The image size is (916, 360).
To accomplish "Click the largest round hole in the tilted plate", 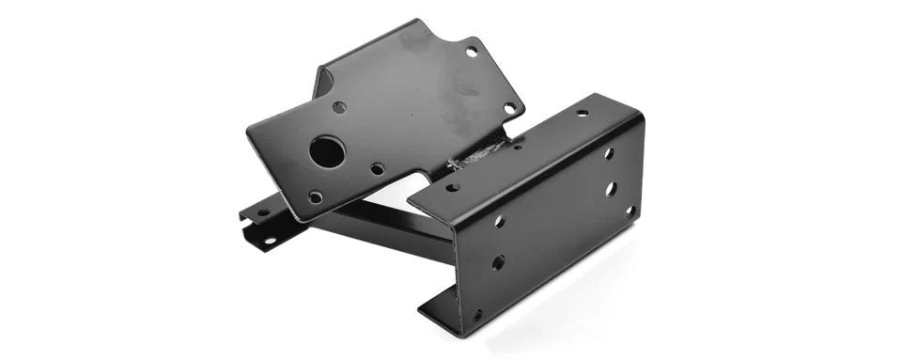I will click(326, 151).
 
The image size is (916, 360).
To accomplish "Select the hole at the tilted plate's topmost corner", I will click(471, 52).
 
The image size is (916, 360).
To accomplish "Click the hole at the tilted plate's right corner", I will click(509, 108).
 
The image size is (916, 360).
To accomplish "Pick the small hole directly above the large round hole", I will click(339, 107).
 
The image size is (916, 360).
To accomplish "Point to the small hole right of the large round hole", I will click(377, 169).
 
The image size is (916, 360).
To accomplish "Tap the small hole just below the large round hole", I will click(316, 196).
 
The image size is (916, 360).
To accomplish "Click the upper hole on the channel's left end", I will click(262, 213).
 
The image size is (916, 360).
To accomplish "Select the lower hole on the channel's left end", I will click(270, 240).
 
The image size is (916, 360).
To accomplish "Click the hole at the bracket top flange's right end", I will click(582, 113).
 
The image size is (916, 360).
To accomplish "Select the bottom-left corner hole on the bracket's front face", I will click(477, 315).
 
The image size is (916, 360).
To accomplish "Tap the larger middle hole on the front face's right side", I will click(611, 189).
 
